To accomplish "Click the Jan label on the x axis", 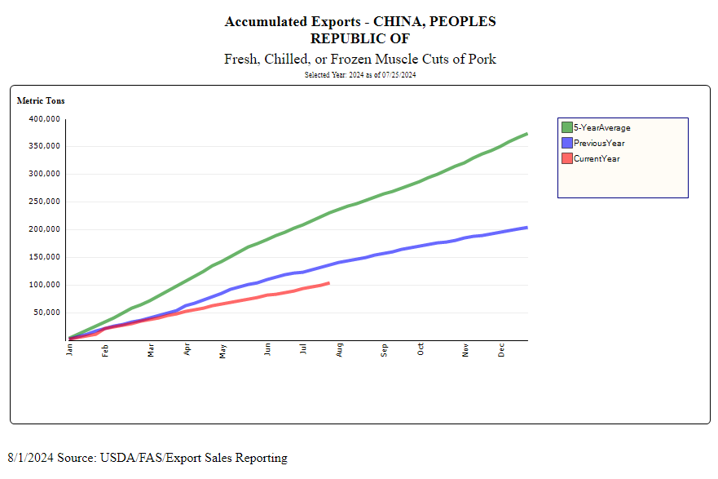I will [70, 350].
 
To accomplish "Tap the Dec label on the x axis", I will [502, 350].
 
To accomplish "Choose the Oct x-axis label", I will [421, 350].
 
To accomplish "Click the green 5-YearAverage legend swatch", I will [566, 127].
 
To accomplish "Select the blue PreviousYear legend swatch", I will [566, 143].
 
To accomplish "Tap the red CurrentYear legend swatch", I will [566, 158].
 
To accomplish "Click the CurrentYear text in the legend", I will [597, 158].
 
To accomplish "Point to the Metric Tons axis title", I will [41, 101].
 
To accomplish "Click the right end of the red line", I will [328, 283].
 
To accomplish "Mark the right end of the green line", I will [526, 134].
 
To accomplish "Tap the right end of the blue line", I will [526, 228].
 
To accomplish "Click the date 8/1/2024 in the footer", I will [29, 458].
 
